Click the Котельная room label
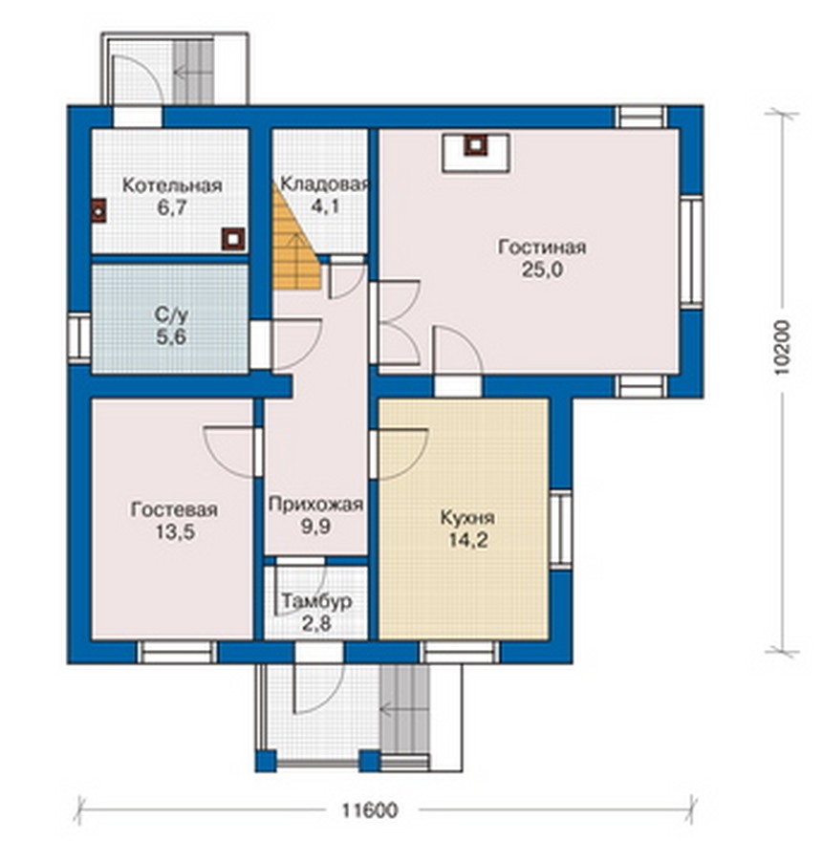(172, 185)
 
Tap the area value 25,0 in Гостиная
(542, 270)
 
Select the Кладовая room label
(325, 183)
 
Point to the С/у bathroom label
(171, 314)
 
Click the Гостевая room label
(174, 509)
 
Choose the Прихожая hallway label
(315, 505)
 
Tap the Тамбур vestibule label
(316, 601)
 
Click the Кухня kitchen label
(467, 518)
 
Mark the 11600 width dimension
(370, 809)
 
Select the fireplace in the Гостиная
(475, 153)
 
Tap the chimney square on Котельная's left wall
(98, 211)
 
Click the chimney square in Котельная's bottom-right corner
(234, 239)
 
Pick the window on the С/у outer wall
(80, 336)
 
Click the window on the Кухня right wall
(561, 528)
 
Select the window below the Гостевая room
(178, 652)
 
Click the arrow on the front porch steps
(404, 709)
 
